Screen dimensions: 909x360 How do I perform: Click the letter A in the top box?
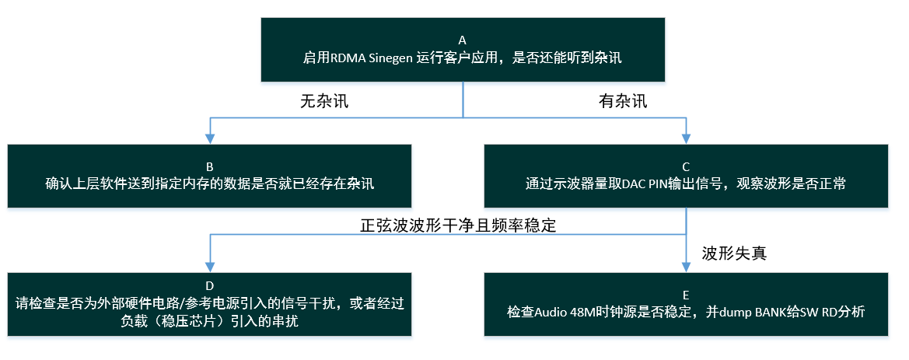(x=462, y=40)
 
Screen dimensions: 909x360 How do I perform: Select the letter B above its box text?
(x=210, y=166)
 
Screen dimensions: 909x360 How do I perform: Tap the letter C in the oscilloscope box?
(x=686, y=166)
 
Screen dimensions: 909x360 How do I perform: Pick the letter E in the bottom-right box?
(x=686, y=294)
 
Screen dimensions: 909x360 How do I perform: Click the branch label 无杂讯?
(x=324, y=101)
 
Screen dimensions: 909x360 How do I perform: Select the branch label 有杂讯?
(x=623, y=101)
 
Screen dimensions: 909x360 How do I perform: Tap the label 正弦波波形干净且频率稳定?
(x=458, y=225)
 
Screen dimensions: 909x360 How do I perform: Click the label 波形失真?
(x=735, y=253)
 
